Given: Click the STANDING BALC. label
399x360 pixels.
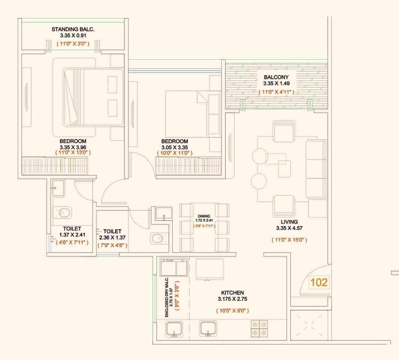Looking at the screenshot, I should point(73,29).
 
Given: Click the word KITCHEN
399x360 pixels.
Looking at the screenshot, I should point(233,293).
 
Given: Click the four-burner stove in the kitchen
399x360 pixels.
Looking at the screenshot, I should point(259,327).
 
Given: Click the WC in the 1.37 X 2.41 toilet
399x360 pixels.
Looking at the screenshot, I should point(64,213).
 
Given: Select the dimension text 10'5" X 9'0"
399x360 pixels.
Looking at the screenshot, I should point(233,310).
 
